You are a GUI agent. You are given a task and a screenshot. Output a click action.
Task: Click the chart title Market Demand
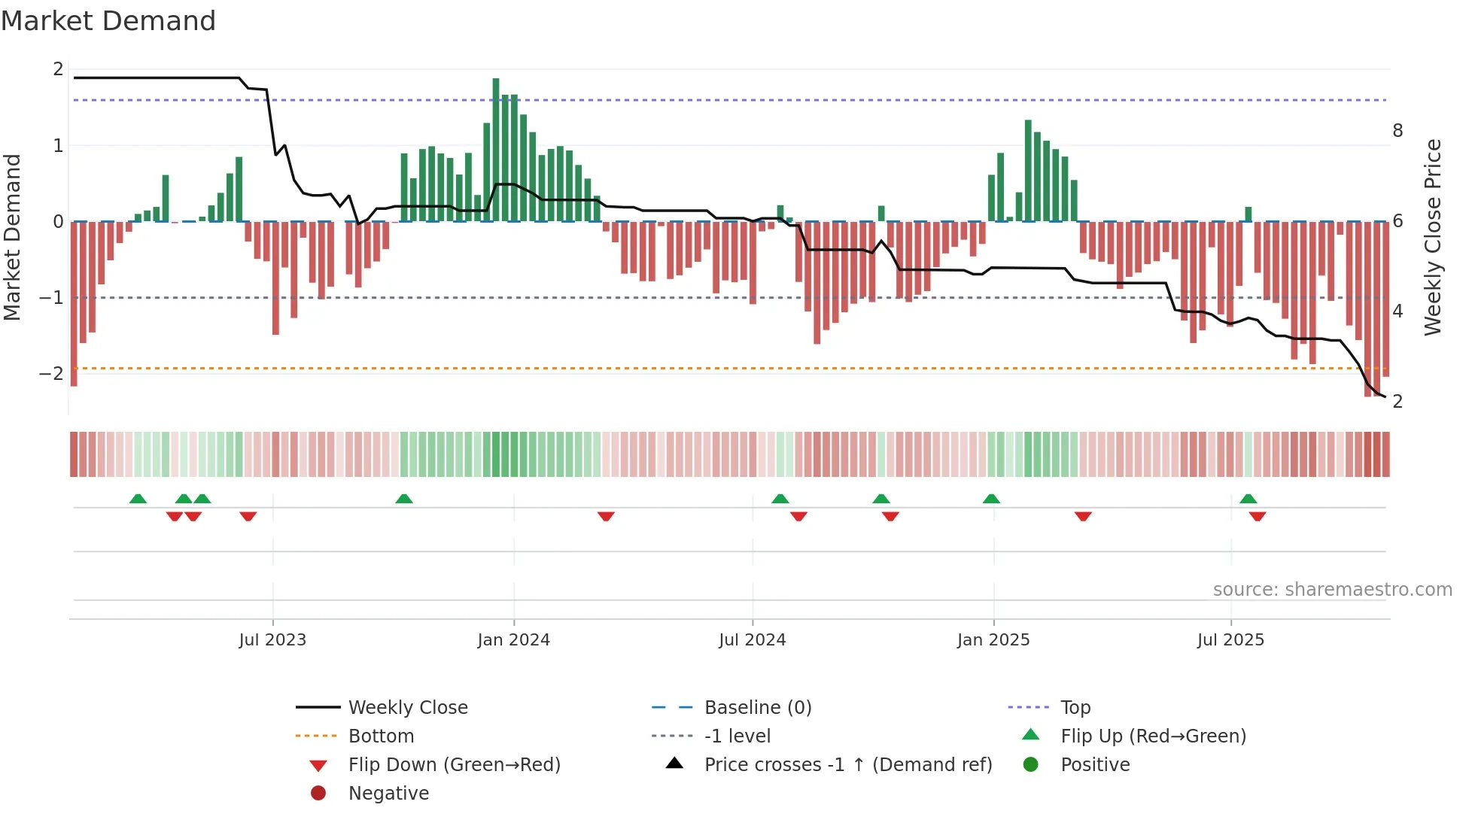(x=108, y=21)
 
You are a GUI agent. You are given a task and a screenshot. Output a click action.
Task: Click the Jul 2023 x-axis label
(x=272, y=640)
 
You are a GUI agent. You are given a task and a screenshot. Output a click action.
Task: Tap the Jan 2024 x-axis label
(x=514, y=640)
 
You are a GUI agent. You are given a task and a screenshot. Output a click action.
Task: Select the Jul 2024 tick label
(x=753, y=640)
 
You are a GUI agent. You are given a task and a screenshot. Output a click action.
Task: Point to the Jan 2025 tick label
(x=993, y=640)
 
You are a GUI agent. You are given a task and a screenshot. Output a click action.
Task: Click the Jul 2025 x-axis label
(x=1231, y=640)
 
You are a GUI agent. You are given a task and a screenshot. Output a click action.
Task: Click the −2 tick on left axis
(x=51, y=374)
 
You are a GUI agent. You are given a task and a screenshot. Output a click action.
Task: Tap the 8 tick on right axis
(x=1397, y=131)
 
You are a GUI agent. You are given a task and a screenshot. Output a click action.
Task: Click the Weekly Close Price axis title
(x=1433, y=237)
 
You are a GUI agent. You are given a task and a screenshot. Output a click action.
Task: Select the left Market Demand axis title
(x=12, y=237)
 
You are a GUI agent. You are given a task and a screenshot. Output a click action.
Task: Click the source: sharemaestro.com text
(x=1332, y=590)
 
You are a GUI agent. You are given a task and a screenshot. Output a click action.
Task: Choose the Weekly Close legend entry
(x=408, y=708)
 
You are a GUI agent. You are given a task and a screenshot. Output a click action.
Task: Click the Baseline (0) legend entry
(x=758, y=708)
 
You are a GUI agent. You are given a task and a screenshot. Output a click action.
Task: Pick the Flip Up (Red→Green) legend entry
(x=1153, y=736)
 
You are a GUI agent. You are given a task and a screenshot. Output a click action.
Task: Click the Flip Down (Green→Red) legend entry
(x=454, y=765)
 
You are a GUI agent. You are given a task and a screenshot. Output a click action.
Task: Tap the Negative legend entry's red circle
(x=318, y=794)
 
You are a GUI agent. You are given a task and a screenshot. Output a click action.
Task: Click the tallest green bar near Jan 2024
(x=496, y=150)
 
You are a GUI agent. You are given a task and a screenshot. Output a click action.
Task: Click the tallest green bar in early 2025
(x=1028, y=171)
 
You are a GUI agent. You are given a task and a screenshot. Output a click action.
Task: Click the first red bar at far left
(x=74, y=304)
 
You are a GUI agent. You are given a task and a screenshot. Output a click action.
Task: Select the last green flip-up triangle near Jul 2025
(x=1248, y=499)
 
